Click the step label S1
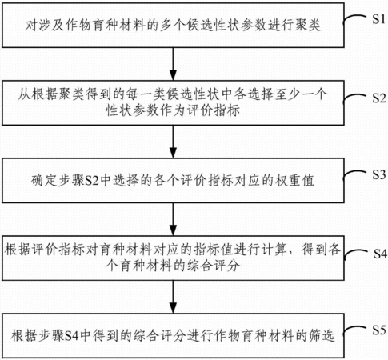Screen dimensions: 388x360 (379, 19)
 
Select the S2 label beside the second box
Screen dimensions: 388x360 (379, 98)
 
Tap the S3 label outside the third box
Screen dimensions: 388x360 (379, 175)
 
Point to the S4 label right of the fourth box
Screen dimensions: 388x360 (380, 254)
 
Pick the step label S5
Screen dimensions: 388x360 (379, 330)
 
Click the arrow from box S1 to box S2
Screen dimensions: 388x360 (174, 64)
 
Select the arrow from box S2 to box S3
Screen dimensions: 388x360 (174, 142)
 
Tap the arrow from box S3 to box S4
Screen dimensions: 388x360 (174, 219)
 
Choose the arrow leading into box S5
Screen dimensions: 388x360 (174, 297)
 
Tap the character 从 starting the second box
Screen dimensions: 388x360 (25, 94)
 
